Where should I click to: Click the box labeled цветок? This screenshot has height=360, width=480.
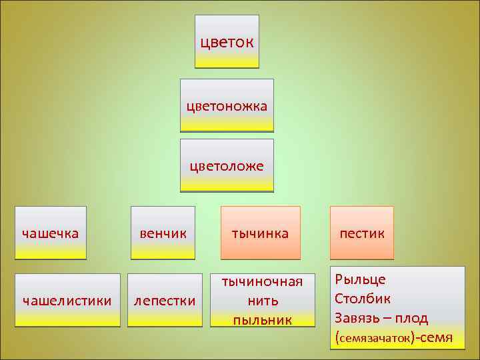[227, 41]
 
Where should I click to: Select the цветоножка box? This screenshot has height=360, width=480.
[227, 105]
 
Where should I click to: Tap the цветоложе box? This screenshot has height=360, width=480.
[227, 165]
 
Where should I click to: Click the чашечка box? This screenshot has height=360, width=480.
[50, 233]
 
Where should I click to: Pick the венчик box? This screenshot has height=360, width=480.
[163, 233]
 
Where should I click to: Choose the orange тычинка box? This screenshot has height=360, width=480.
[260, 233]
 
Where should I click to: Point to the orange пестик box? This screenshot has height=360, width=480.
[361, 233]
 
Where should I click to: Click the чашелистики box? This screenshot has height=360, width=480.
[67, 300]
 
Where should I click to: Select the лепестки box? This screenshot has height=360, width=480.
[165, 300]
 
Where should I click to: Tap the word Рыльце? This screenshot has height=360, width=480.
[360, 279]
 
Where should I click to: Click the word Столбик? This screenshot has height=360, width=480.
[363, 298]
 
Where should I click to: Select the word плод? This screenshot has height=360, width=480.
[413, 318]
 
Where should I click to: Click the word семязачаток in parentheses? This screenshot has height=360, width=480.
[374, 339]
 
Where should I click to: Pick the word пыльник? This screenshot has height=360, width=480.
[262, 320]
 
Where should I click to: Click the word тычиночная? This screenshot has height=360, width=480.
[262, 281]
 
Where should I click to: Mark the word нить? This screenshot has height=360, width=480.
[262, 301]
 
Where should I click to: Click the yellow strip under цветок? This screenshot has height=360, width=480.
[227, 62]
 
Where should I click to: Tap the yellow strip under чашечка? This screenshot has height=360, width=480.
[50, 252]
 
